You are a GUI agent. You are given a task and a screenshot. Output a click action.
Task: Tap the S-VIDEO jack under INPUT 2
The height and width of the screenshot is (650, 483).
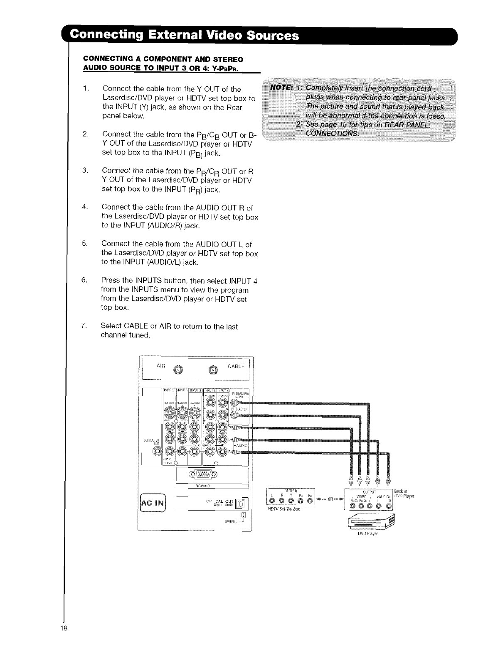coord(195,413)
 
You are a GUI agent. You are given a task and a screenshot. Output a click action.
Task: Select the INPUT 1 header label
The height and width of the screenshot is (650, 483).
coord(182,390)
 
